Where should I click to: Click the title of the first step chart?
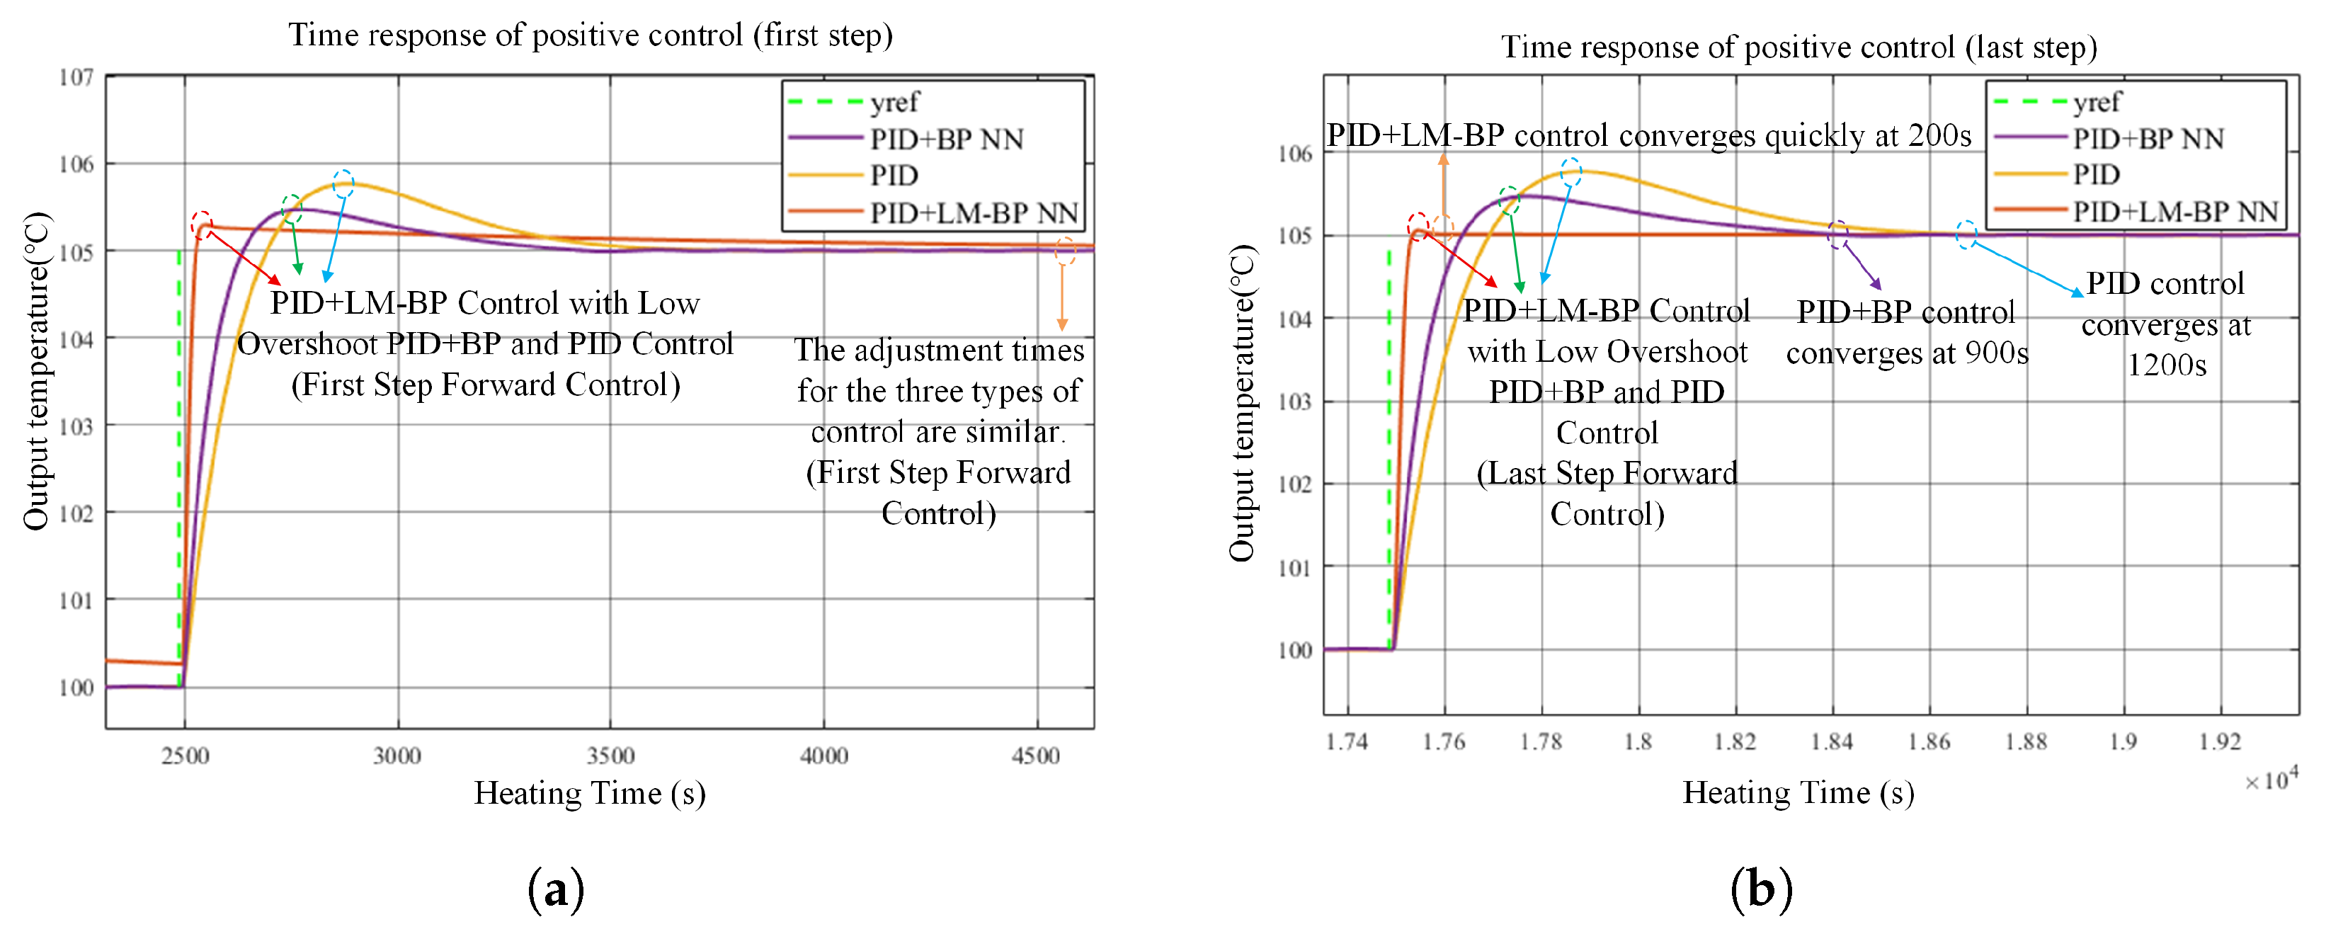(591, 35)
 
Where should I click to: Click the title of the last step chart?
(1798, 47)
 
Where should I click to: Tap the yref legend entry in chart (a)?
(894, 102)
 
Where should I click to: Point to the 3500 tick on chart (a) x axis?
(610, 755)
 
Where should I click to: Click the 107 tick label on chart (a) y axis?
(76, 78)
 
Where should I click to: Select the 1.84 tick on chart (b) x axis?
(1832, 741)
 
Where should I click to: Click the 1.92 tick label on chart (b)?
(2220, 741)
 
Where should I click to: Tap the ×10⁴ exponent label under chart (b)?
(2271, 780)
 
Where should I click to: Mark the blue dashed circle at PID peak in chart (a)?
(343, 184)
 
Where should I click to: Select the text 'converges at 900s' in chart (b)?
(1906, 352)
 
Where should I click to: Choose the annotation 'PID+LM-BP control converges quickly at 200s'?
(1648, 135)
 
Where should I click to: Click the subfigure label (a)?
(555, 889)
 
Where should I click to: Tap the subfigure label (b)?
(1761, 889)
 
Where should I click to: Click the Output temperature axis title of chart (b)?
(1243, 403)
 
